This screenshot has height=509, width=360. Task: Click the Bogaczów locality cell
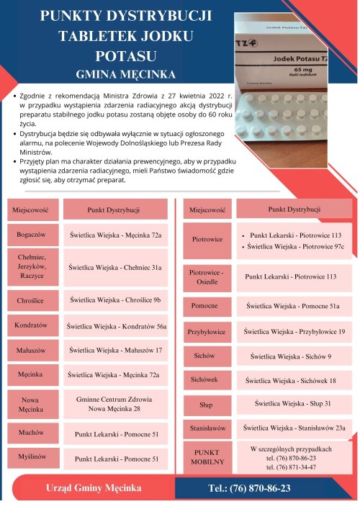pyautogui.click(x=32, y=235)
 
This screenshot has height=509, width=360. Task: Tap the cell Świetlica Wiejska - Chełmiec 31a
pyautogui.click(x=115, y=267)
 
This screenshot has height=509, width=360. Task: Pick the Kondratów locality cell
pyautogui.click(x=32, y=325)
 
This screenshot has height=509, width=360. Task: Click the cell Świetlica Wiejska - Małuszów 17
pyautogui.click(x=115, y=351)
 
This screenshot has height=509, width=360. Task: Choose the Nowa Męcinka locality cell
pyautogui.click(x=32, y=405)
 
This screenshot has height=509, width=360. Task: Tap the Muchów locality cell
pyautogui.click(x=32, y=433)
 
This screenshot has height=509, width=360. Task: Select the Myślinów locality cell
pyautogui.click(x=32, y=457)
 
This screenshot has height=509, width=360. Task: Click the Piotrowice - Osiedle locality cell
pyautogui.click(x=206, y=277)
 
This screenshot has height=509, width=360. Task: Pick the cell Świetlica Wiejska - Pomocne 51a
pyautogui.click(x=292, y=306)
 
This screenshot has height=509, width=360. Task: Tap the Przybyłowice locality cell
pyautogui.click(x=206, y=333)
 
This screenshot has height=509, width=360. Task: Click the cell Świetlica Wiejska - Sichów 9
pyautogui.click(x=292, y=356)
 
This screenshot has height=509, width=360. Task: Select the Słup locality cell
pyautogui.click(x=206, y=405)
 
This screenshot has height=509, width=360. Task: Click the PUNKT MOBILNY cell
pyautogui.click(x=206, y=456)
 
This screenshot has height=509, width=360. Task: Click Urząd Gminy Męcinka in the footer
pyautogui.click(x=94, y=489)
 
